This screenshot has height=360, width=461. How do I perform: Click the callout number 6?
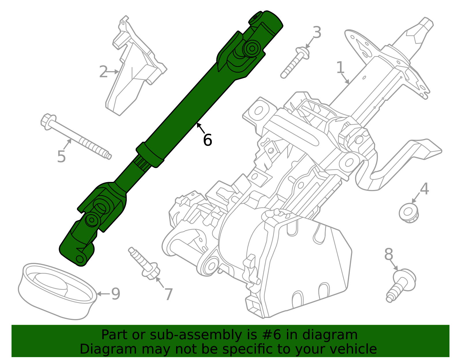tap(207, 140)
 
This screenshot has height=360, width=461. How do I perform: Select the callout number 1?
tap(340, 68)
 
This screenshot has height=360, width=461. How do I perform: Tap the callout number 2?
tap(103, 72)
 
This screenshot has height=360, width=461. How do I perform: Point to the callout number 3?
tap(317, 33)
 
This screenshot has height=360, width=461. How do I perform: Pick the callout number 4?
tap(424, 189)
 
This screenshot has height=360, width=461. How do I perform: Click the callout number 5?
tap(61, 157)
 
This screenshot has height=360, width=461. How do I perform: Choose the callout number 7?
tap(169, 294)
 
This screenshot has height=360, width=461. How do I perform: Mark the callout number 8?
tap(389, 255)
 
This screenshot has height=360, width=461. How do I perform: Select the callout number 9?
tap(116, 294)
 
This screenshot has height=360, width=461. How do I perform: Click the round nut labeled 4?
tap(409, 213)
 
